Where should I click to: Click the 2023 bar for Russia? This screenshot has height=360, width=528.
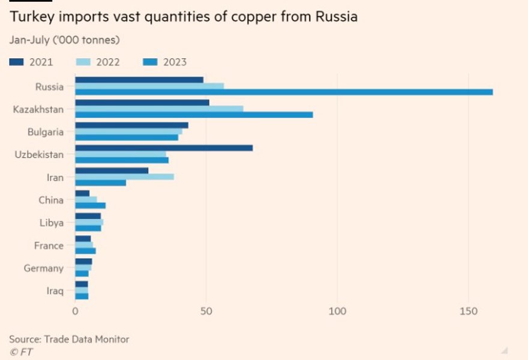click(284, 92)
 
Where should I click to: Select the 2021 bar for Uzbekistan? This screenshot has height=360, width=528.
click(164, 148)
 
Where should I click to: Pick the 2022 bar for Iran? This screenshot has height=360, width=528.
click(124, 176)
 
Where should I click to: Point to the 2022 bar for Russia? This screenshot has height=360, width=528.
click(149, 86)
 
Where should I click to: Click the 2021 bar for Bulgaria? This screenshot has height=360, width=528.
click(131, 125)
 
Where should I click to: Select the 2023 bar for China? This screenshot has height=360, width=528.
click(90, 205)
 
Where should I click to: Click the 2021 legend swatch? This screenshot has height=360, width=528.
click(16, 62)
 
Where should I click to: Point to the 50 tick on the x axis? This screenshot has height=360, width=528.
click(206, 311)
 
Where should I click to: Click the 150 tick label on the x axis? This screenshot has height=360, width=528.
click(468, 311)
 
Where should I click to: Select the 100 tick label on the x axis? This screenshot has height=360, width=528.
click(337, 311)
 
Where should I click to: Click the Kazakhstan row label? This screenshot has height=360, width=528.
click(38, 109)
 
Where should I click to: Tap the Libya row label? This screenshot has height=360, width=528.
click(50, 223)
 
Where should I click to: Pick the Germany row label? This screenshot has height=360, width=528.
click(43, 268)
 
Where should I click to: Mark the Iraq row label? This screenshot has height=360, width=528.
click(55, 291)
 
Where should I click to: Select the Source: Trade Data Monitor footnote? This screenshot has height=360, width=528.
click(69, 339)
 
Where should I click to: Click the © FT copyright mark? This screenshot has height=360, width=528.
click(21, 352)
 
